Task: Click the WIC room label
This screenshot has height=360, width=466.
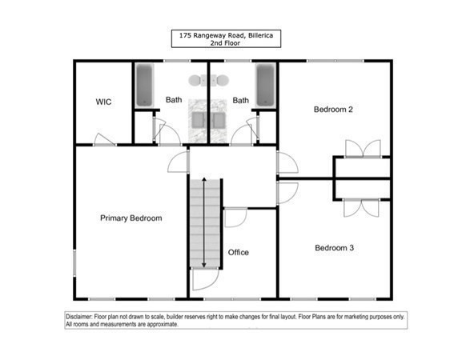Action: [103, 102]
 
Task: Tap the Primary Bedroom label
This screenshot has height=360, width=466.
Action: [131, 218]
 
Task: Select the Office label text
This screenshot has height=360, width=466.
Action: [239, 252]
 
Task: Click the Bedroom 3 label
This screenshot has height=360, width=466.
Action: [333, 247]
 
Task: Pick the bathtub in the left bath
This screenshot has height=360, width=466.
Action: [145, 85]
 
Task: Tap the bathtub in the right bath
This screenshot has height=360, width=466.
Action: [265, 85]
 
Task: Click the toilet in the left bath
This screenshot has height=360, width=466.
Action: [197, 80]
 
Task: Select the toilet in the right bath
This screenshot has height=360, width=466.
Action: [219, 80]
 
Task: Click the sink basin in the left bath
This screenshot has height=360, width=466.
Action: [198, 119]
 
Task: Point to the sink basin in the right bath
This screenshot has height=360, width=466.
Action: [218, 119]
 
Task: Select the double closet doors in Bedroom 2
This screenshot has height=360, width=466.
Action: [362, 149]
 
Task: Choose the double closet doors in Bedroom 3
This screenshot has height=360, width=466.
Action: [362, 207]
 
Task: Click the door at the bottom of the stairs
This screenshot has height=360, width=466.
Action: [204, 280]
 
